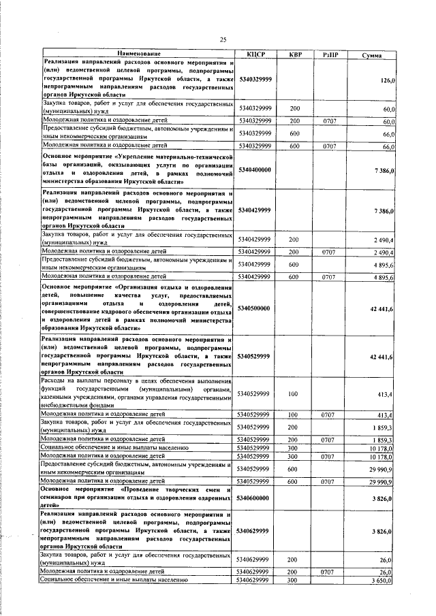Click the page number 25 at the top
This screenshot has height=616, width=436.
(x=222, y=40)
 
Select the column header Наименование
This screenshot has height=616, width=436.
(x=139, y=54)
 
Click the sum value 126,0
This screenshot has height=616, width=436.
(x=388, y=80)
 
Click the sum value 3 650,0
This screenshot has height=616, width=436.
(x=383, y=580)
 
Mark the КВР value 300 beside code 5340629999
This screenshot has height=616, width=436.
(x=294, y=580)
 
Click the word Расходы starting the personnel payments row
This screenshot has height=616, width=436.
(x=56, y=381)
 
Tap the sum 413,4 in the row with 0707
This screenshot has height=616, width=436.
(x=386, y=414)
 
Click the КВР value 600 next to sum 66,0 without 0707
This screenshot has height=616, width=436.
(x=294, y=133)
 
